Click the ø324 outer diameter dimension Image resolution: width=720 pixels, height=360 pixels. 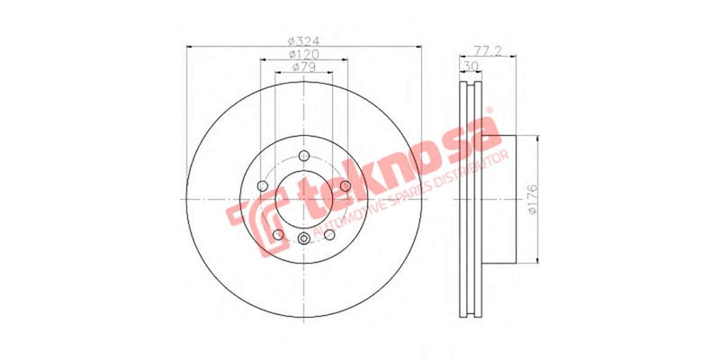pos(303,41)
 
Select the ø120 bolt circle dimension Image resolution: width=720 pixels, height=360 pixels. pos(303,56)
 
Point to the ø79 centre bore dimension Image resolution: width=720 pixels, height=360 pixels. pos(303,68)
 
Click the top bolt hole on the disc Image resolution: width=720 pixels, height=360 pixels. pos(303,156)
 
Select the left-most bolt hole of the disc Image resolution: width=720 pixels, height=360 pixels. pos(263,186)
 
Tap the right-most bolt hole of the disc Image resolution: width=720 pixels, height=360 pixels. pos(344,186)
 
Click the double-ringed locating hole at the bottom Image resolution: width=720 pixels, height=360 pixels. pos(303,238)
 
